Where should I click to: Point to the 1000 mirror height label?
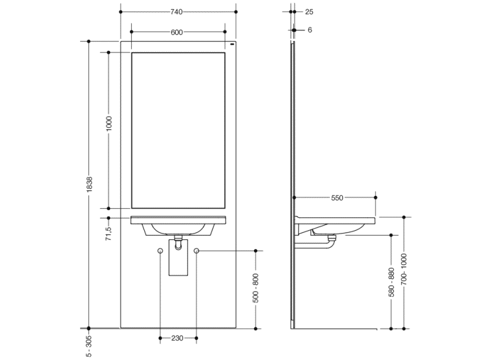coord(109,125)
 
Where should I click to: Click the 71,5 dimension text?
coord(109,232)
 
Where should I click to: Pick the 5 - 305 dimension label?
coord(89,345)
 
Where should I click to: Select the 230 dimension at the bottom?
coord(177,338)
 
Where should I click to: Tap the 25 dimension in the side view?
coord(309,12)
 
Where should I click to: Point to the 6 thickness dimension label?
coord(310,30)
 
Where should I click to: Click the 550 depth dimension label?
coord(337,198)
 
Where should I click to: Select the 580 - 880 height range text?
coord(391,281)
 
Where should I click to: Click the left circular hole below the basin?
coord(160,251)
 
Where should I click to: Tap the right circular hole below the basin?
coord(196,251)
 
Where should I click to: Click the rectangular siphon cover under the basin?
coord(178,262)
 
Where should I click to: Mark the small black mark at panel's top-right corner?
coord(231,45)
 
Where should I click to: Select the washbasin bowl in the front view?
coord(178,229)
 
